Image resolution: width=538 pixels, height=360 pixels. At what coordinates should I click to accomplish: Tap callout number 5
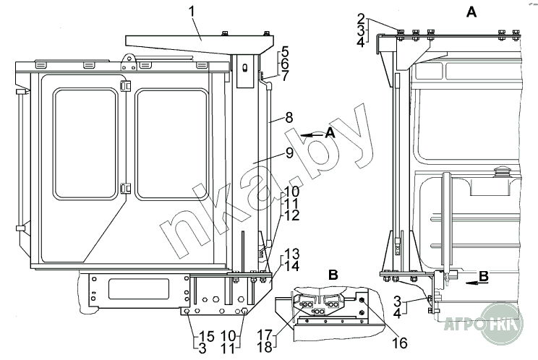286,52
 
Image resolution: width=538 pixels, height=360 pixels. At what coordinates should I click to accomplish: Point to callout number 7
286,75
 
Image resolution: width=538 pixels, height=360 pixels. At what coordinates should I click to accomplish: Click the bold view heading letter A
471,12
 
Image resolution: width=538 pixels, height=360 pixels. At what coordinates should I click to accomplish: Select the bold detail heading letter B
292,275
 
